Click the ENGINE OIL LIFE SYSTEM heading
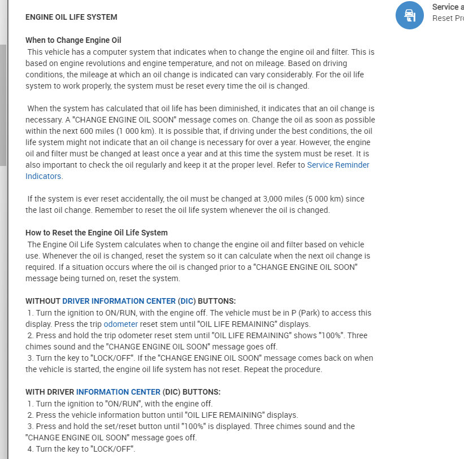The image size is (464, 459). pos(71,17)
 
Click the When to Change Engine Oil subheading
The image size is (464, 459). pos(73,40)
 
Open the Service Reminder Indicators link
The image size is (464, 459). pos(338,165)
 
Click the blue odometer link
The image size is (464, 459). pos(120,324)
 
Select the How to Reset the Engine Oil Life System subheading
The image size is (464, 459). pos(97,233)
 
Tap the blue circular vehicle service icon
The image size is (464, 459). pos(410,15)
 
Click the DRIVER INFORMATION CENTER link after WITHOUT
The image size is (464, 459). pos(119,301)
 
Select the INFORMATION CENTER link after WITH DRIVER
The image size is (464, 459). pos(118,392)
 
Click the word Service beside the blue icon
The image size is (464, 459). pos(444,7)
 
